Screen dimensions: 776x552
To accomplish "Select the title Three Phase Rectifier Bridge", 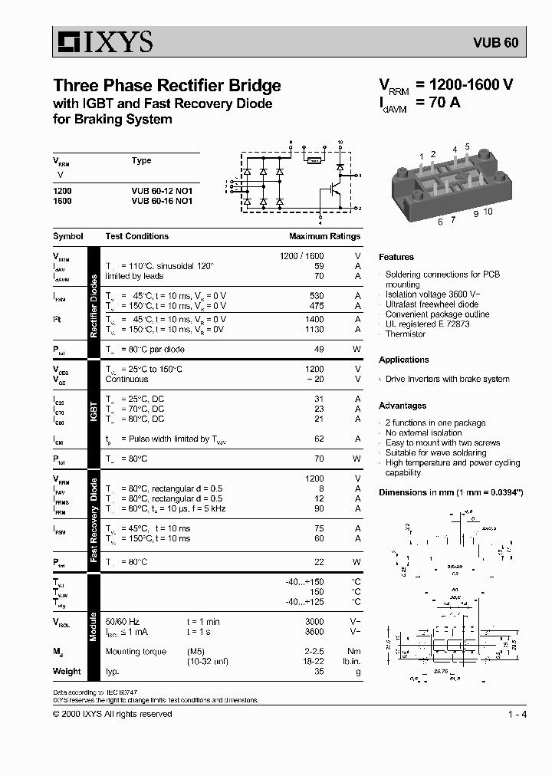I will tap(166, 86).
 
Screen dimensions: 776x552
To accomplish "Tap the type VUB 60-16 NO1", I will tap(162, 200).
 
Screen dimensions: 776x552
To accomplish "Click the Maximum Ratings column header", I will tap(324, 236).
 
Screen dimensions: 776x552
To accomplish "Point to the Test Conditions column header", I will tap(136, 236).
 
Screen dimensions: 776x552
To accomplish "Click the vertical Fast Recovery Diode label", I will tap(94, 520).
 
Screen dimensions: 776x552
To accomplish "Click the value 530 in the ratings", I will tap(315, 295).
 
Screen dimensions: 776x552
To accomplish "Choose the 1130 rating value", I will tap(314, 329).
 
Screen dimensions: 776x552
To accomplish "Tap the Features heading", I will tap(396, 257).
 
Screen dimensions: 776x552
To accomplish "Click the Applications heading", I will tap(403, 360).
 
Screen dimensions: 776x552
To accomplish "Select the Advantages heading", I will tap(402, 406).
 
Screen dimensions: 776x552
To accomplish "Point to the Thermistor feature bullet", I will tap(406, 334).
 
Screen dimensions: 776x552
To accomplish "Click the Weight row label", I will tap(67, 671).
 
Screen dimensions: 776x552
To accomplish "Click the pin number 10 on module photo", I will tap(488, 212).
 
